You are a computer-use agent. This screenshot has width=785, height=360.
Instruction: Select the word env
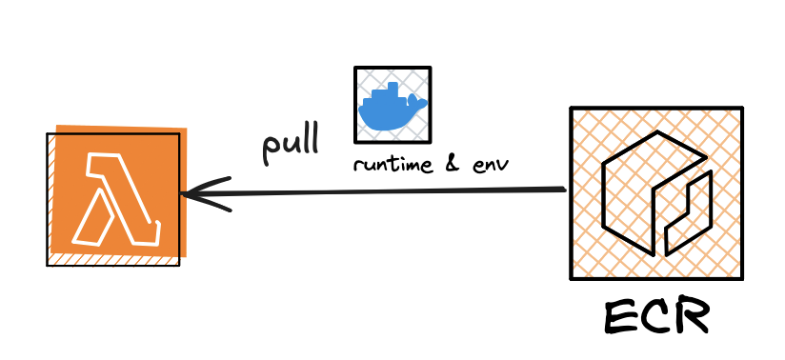[x=489, y=165]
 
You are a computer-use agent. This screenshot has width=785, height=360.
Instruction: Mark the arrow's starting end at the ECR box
[x=564, y=190]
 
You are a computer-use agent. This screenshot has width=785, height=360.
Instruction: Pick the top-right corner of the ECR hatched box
[x=741, y=109]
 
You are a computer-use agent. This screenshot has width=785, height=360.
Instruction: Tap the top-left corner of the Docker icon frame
[x=355, y=68]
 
